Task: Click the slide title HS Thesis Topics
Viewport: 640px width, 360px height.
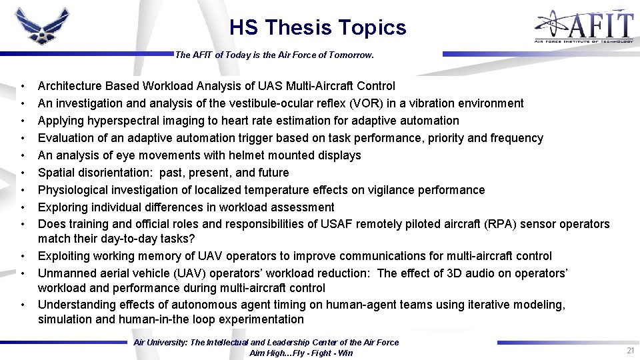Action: (x=317, y=27)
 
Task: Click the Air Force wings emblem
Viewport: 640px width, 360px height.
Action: (x=42, y=28)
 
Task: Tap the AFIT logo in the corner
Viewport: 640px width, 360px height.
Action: (x=583, y=27)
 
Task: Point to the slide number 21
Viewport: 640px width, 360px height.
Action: (x=629, y=351)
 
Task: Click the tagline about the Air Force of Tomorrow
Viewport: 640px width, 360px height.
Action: (x=274, y=55)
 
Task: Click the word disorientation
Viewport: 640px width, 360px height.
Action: (x=115, y=173)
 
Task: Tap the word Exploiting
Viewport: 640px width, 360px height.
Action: (x=65, y=256)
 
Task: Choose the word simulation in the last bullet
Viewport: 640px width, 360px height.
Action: (x=65, y=319)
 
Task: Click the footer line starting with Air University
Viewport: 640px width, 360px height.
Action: (x=266, y=342)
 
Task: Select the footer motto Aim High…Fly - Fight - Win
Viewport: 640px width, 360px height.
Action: (x=301, y=353)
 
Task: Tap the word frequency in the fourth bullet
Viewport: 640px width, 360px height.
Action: (x=516, y=138)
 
